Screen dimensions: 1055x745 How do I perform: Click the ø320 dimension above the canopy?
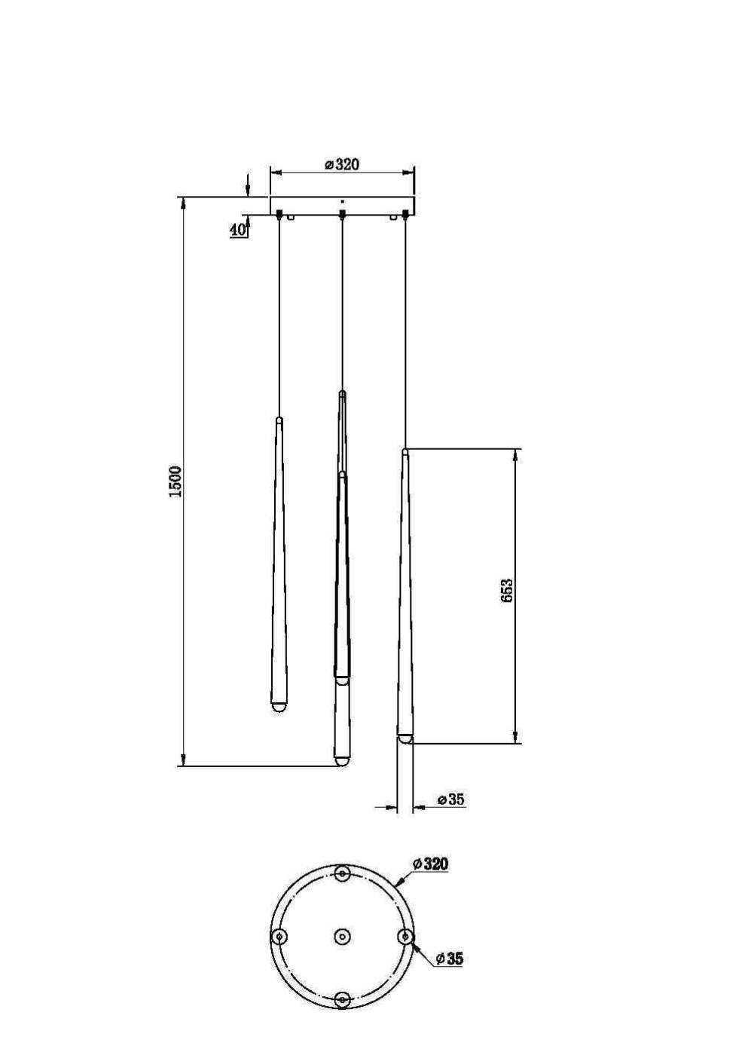point(342,164)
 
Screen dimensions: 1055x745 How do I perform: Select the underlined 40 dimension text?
point(238,230)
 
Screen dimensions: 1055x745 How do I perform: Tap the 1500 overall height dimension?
point(175,482)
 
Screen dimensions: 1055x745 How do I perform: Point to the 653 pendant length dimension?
point(507,590)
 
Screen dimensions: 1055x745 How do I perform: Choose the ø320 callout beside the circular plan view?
point(430,864)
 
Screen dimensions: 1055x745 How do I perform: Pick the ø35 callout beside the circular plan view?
point(449,959)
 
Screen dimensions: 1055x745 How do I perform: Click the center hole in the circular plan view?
point(342,937)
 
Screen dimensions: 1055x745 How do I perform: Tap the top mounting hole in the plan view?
point(342,874)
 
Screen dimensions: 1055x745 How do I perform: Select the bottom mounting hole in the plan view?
point(342,999)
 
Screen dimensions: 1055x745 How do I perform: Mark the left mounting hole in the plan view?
point(279,937)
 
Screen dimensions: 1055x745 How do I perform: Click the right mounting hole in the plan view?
point(405,937)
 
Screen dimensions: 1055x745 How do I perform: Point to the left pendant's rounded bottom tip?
point(279,708)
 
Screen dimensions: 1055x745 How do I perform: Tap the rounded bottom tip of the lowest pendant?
point(342,761)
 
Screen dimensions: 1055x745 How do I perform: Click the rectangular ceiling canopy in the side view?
point(342,206)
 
